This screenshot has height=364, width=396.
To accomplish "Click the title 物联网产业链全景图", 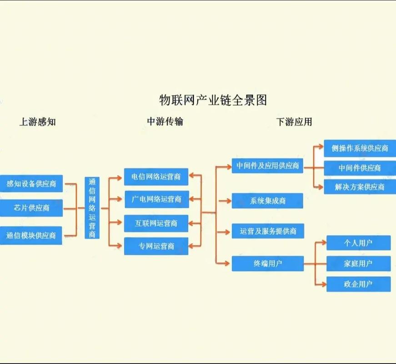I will [x=212, y=100].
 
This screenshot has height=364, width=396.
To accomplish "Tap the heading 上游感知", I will [x=37, y=122].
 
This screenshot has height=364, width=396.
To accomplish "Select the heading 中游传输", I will [x=165, y=121].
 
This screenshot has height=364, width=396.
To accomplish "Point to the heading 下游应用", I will [x=294, y=122].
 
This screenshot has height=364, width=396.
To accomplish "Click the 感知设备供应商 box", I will [x=31, y=183].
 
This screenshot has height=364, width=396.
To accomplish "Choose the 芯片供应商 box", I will [x=31, y=208].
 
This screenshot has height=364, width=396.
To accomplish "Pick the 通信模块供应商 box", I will [x=31, y=235].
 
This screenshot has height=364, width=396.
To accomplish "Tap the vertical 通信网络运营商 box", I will [x=92, y=208].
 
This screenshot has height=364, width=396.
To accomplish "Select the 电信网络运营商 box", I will [x=156, y=177].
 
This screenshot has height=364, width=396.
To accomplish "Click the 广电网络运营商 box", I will [x=156, y=199].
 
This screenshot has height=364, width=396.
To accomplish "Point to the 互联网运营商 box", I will [x=156, y=223].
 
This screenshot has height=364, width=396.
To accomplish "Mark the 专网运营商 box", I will [x=156, y=246].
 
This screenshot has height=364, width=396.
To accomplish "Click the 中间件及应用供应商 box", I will [x=267, y=166].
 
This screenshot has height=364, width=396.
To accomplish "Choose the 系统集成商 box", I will [x=267, y=201].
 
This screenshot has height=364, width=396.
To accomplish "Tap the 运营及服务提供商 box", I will [x=267, y=231].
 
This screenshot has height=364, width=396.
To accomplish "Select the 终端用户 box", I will [x=267, y=263].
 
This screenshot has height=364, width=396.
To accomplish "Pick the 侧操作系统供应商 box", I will [x=356, y=148].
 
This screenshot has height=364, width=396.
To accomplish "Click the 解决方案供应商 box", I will [x=356, y=187].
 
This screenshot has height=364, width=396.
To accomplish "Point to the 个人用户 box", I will [x=358, y=243].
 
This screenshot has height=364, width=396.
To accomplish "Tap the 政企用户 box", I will [x=358, y=284].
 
